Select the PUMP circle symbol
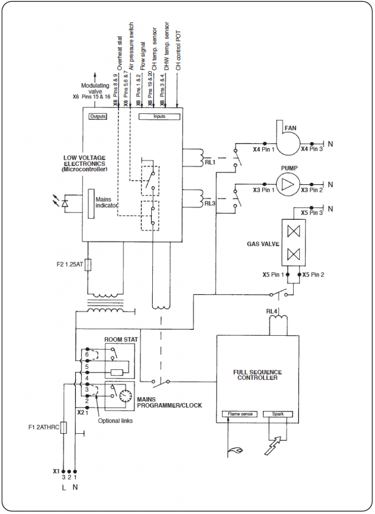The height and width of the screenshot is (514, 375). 287,184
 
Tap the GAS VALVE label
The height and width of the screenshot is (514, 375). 260,243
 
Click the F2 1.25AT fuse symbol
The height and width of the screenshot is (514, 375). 88,264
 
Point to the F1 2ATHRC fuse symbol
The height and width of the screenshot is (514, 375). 63,427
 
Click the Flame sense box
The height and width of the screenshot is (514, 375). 239,414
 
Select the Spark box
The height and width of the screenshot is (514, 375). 277,414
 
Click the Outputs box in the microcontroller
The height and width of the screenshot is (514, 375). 98,116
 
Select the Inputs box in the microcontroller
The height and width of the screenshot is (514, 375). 159,116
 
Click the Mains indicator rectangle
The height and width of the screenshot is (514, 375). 91,204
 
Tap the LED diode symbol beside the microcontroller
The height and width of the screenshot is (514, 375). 64,203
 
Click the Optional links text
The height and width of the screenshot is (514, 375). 116,421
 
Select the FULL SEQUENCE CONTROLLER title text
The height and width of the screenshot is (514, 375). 257,375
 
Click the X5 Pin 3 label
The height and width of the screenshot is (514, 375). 312,213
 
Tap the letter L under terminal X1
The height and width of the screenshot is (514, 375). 63,487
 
